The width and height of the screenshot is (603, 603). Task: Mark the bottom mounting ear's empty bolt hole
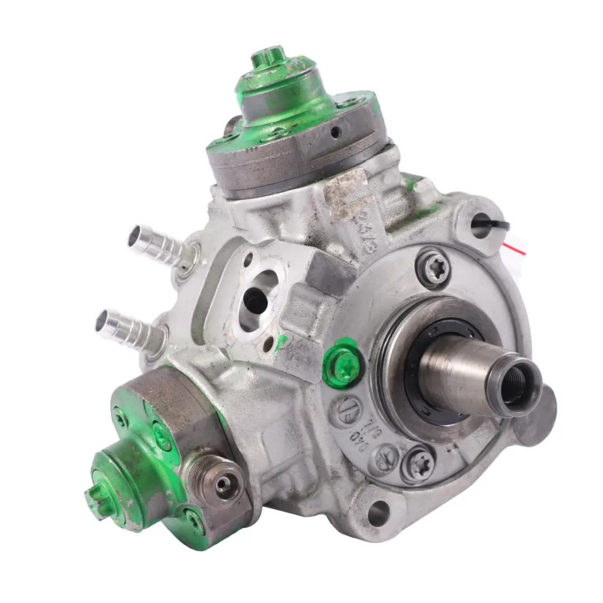coord(378,512)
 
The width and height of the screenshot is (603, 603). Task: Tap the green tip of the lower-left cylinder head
coord(95,494)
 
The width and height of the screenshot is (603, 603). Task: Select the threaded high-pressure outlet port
coord(224,484)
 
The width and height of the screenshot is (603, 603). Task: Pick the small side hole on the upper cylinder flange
coord(336,132)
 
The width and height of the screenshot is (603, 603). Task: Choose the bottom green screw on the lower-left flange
coord(195,521)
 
